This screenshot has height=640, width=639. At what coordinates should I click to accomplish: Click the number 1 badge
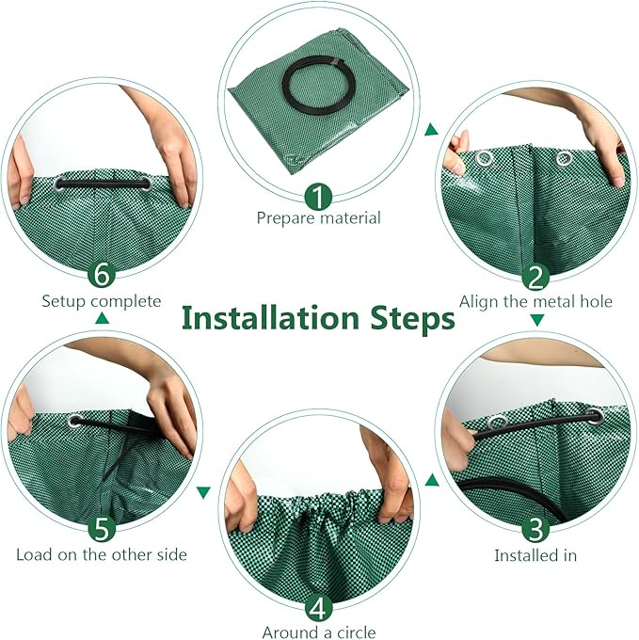point(318,197)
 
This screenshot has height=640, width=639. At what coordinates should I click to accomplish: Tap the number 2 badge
point(535,278)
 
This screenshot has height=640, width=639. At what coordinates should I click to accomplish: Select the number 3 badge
point(535,528)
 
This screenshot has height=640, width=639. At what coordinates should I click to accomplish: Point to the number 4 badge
point(318,605)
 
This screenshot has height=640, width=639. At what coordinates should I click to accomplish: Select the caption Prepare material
point(318,217)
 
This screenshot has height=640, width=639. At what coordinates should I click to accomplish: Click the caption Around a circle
point(320,632)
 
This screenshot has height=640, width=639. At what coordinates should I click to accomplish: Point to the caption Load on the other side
point(101,553)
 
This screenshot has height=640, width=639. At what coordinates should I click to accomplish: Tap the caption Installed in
point(535,555)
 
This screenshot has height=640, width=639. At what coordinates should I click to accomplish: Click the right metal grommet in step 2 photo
point(565,158)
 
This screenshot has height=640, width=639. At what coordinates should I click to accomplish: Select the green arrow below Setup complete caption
point(102,320)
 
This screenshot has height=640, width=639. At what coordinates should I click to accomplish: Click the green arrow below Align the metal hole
point(536,321)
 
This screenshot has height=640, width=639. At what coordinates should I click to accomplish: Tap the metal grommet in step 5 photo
point(75,421)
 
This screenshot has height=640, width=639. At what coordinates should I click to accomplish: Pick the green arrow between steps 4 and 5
point(203,491)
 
